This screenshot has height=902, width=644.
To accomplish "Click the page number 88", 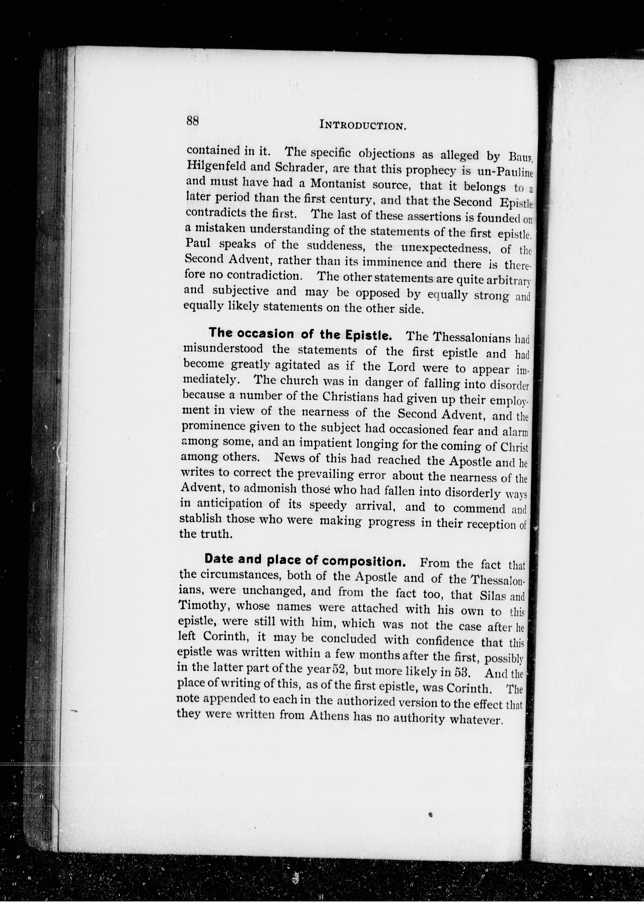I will click(192, 120).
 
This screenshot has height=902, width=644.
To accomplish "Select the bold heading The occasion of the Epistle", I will click(300, 334).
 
